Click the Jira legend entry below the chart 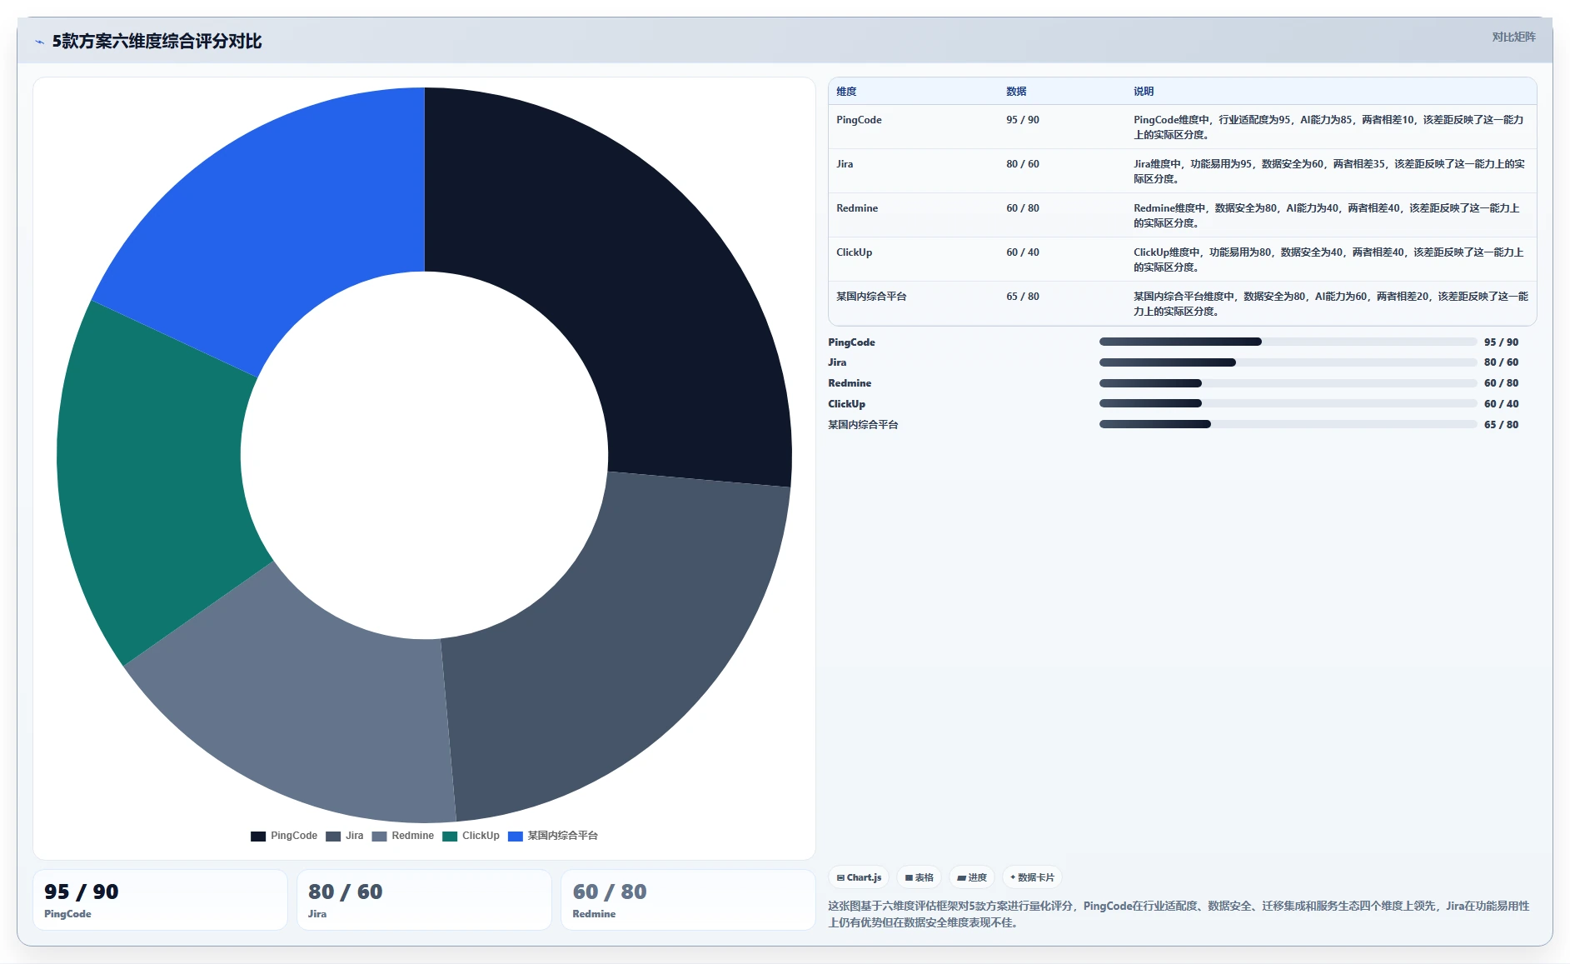[x=345, y=836]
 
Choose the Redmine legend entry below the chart [x=403, y=836]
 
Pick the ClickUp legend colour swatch [x=450, y=837]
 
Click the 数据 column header [x=1016, y=92]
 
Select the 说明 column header [x=1144, y=92]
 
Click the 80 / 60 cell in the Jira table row [x=1023, y=164]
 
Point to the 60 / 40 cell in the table [x=1023, y=252]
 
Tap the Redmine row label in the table [x=857, y=208]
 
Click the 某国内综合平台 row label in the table [x=871, y=297]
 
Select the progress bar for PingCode [x=1288, y=342]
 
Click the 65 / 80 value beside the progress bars [x=1501, y=425]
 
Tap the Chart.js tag [x=859, y=877]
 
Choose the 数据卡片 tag [x=1032, y=877]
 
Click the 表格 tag [x=920, y=877]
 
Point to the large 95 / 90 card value [x=82, y=892]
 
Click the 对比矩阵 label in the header [x=1513, y=37]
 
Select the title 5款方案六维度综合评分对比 [x=157, y=41]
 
